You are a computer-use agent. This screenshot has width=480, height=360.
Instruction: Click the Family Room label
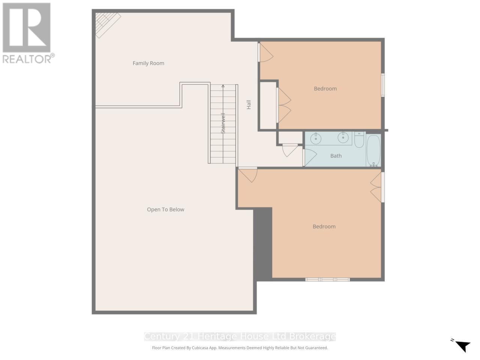point(148,63)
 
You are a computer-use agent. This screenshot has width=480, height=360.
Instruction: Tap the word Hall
point(248,105)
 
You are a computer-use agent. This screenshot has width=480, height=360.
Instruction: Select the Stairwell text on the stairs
point(223,123)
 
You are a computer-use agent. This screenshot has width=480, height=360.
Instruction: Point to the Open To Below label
point(165,209)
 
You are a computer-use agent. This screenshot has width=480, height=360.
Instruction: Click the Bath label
point(336,156)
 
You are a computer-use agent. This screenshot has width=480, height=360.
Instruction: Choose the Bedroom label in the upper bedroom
point(325,88)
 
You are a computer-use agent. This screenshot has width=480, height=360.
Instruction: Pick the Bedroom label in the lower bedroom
point(324,226)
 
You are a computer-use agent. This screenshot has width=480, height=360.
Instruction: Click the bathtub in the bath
point(373,151)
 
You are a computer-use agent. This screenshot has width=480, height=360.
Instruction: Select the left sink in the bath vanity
point(316,138)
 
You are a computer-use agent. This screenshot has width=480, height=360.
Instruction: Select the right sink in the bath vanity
point(343,138)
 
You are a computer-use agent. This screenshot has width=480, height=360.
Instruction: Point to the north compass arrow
point(463,345)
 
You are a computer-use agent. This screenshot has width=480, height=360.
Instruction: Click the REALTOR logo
point(27,33)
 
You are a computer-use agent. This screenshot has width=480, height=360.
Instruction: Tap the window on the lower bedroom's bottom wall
point(327,279)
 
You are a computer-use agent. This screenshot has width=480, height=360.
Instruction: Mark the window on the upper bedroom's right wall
point(383,85)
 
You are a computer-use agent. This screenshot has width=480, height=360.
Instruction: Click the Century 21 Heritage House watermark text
point(240,336)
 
